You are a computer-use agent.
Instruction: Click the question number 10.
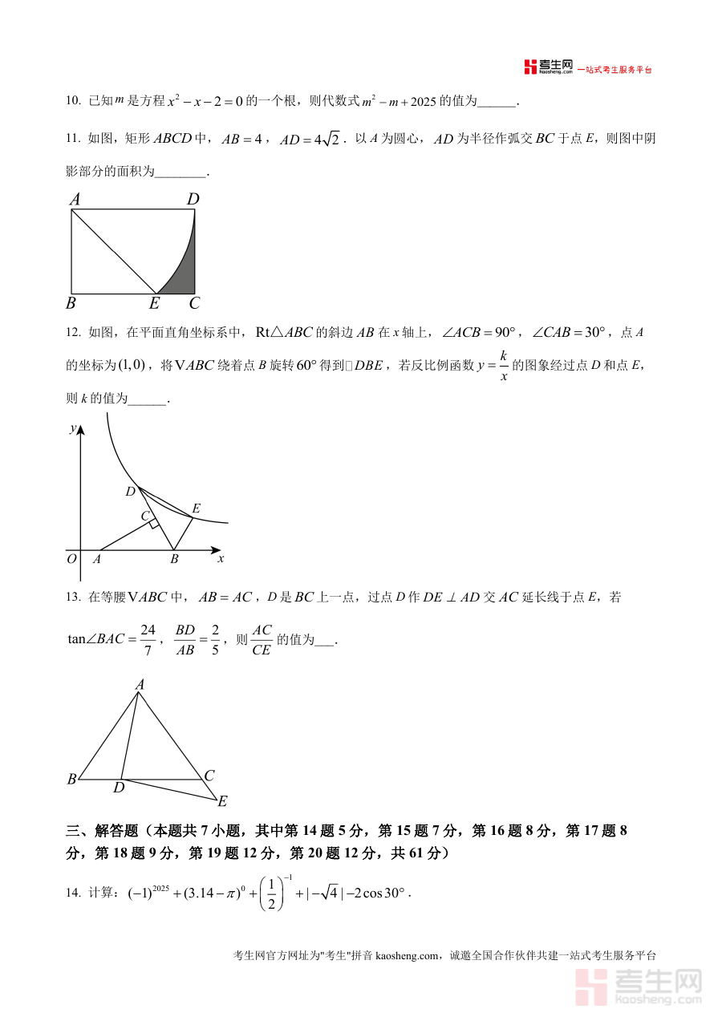point(73,101)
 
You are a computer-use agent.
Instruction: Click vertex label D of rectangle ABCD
point(193,199)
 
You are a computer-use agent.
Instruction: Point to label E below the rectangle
point(155,304)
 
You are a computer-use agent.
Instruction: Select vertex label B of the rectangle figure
point(71,304)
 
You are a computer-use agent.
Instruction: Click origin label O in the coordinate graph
point(71,559)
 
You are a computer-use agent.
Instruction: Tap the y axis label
point(72,428)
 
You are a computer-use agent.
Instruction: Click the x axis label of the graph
point(221,558)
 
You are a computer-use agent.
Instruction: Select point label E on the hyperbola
point(196,508)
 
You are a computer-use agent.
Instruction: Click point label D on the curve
point(130,491)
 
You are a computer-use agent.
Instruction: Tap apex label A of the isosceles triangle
point(140,684)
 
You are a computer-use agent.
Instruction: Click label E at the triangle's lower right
point(222,801)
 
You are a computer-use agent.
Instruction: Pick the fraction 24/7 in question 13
point(148,640)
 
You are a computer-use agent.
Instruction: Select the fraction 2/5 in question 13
point(216,640)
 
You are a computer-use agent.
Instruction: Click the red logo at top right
point(530,67)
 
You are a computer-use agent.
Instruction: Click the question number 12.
point(73,332)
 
